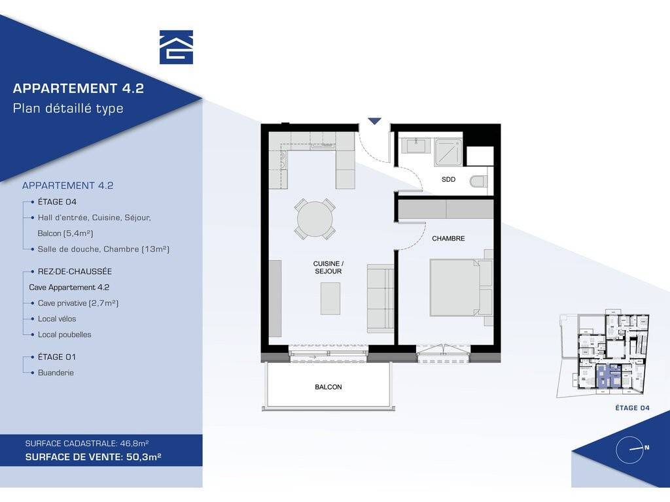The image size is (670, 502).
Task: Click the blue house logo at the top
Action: (x=176, y=47)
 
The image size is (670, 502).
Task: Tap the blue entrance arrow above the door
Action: (x=374, y=121)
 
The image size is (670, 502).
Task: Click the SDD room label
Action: (x=448, y=179)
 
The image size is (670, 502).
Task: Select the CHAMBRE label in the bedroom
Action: (x=448, y=238)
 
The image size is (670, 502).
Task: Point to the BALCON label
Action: (x=328, y=387)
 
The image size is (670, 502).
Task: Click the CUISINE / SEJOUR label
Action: (x=328, y=267)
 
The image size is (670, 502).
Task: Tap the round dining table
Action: (x=315, y=219)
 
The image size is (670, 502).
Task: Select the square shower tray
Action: (x=449, y=152)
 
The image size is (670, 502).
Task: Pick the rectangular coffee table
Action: (x=330, y=298)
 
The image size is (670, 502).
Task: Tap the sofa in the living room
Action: (x=380, y=298)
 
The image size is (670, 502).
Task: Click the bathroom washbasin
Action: (x=418, y=146)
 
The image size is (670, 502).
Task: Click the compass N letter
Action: (x=647, y=447)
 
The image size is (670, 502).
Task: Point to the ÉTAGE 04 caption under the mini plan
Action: (x=633, y=408)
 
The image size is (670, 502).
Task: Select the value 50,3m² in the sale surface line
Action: (x=143, y=457)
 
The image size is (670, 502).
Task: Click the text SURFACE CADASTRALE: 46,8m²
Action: (x=87, y=444)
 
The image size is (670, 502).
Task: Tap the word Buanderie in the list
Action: (x=56, y=373)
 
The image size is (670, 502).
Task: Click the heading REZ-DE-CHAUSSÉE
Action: (x=75, y=271)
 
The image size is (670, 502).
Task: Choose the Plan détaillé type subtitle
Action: (x=68, y=109)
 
